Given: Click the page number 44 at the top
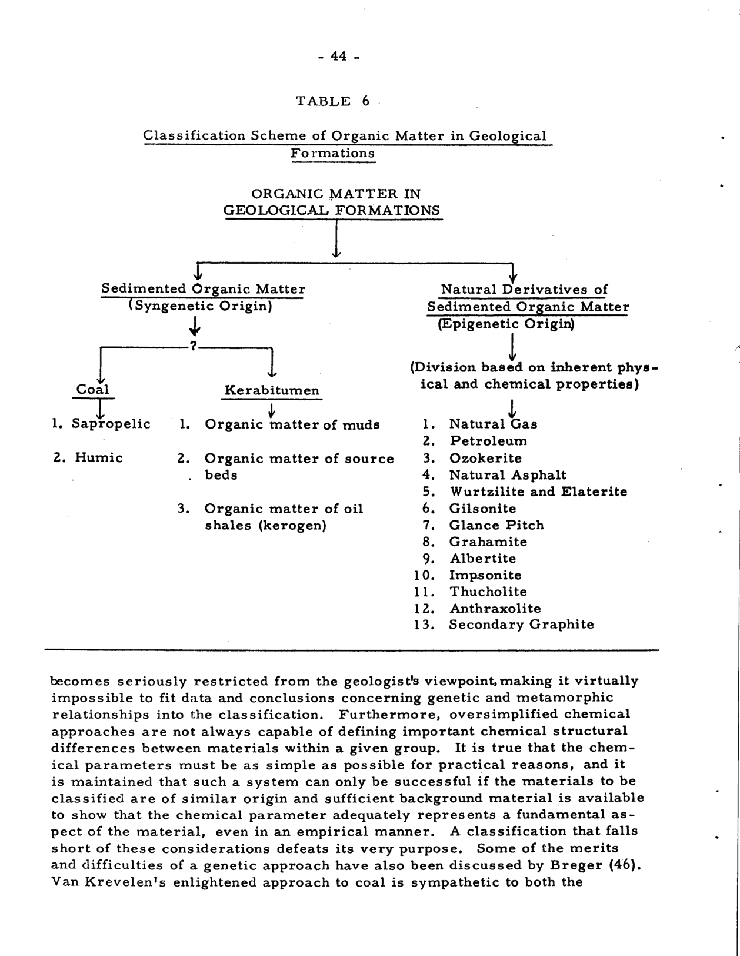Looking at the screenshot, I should point(338,57).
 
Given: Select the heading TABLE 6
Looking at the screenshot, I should point(333,101).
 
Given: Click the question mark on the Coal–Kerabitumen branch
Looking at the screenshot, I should point(192,347).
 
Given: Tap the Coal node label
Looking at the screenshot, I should point(93,390).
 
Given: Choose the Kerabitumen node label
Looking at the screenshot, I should point(272,391).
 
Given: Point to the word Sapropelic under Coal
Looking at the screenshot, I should point(111,424).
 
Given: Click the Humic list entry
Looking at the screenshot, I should point(98,458).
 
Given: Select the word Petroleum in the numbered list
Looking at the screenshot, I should point(488,441).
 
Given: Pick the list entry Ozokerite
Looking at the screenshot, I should point(485,458).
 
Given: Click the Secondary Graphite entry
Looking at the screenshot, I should point(521,625).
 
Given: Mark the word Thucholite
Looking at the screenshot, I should point(488,592).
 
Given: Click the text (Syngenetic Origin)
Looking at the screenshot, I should point(200,307).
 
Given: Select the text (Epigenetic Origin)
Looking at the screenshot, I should point(506,324).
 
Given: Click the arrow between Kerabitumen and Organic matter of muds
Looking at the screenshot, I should point(271,409).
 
